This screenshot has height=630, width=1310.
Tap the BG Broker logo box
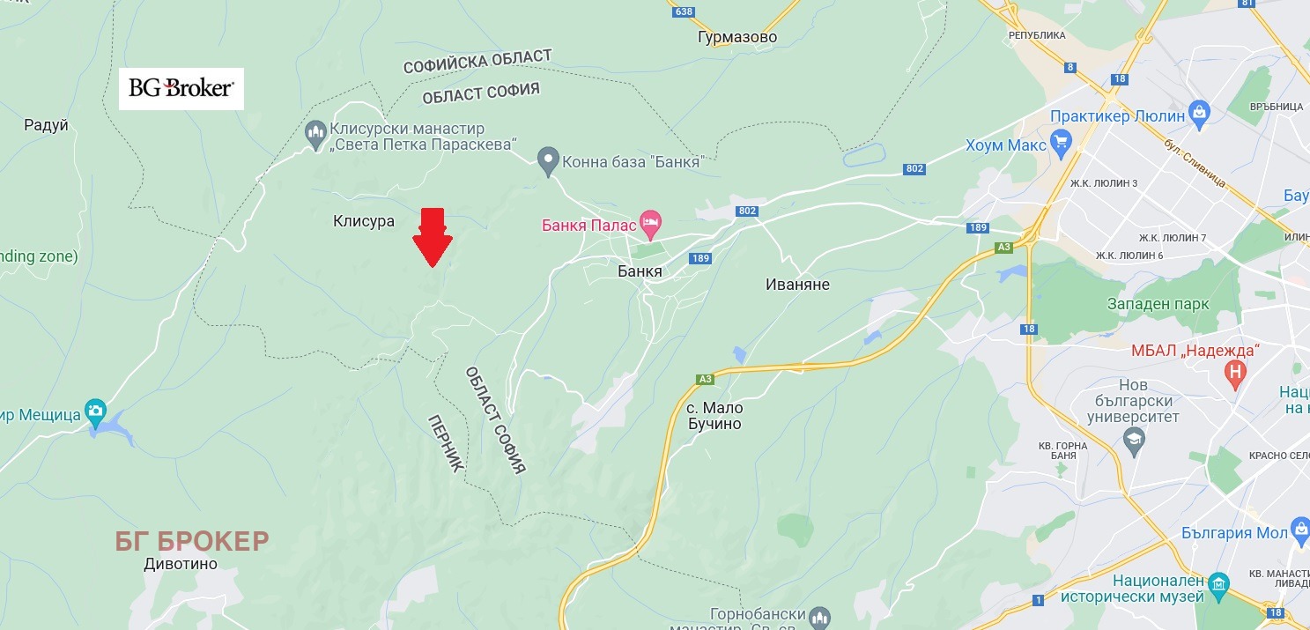(x=181, y=88)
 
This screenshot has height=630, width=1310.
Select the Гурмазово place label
(x=736, y=37)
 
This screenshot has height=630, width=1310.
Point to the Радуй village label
(x=47, y=125)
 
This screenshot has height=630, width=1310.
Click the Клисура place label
(x=364, y=221)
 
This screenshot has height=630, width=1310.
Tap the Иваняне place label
(x=797, y=285)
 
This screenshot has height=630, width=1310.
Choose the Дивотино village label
(x=181, y=565)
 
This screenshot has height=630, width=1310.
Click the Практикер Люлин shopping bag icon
(x=1198, y=113)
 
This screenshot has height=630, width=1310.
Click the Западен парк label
(x=1158, y=304)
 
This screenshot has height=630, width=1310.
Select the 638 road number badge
(x=682, y=11)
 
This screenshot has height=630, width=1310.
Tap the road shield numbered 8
(x=1070, y=67)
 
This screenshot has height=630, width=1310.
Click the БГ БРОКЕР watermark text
(x=192, y=541)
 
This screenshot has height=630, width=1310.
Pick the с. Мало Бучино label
(x=714, y=416)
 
